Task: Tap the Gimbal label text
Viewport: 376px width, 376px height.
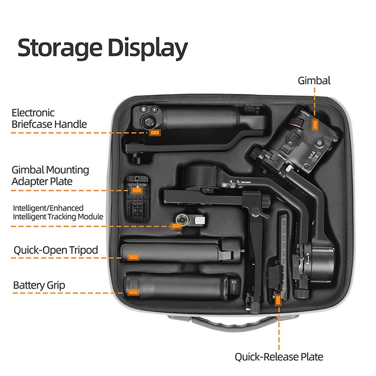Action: pos(314,81)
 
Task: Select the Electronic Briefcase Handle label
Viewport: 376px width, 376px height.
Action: pos(49,118)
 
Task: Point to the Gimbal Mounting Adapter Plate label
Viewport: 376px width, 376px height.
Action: pos(50,176)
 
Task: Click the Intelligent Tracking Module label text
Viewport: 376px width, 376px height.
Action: pos(58,212)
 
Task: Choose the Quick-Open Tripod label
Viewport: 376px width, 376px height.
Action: pos(56,250)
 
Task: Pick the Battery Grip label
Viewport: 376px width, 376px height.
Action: pos(39,285)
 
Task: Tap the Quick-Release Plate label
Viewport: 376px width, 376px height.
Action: pos(279,357)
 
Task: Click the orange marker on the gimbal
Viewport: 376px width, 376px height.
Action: pos(315,125)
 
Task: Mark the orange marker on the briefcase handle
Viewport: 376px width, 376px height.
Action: pos(154,132)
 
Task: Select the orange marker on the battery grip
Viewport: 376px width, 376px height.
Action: pos(133,292)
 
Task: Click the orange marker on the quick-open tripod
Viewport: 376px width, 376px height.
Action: pos(133,257)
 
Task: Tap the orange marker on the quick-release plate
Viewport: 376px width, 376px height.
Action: pos(278,301)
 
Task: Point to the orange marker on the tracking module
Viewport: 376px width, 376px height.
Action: pos(176,226)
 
